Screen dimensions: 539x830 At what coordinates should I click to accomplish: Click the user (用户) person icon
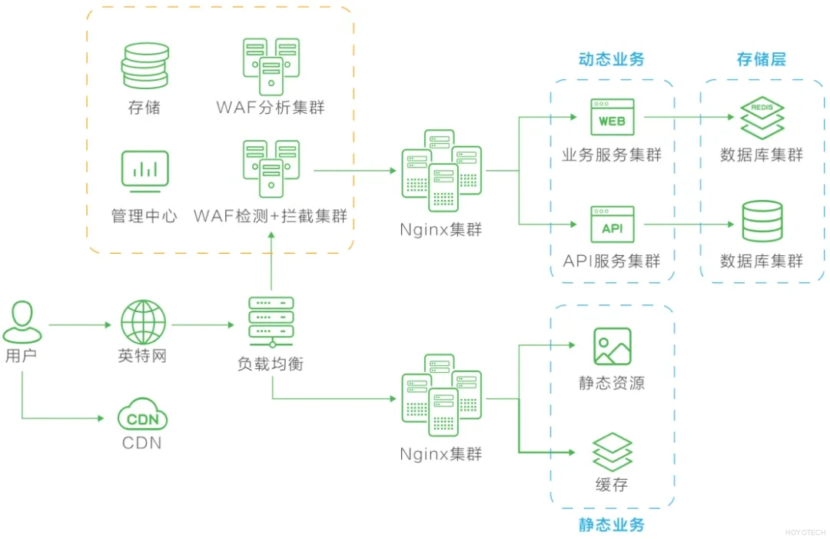pyautogui.click(x=22, y=322)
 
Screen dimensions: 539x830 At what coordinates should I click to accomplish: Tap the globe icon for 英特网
pyautogui.click(x=142, y=322)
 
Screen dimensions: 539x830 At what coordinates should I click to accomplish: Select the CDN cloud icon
pyautogui.click(x=142, y=417)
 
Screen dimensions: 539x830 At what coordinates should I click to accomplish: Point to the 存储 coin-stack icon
pyautogui.click(x=144, y=67)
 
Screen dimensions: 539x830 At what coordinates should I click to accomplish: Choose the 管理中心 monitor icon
pyautogui.click(x=144, y=171)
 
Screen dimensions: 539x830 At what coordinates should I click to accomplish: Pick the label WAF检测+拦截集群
pyautogui.click(x=271, y=216)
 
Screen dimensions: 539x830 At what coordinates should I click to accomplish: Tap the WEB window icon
pyautogui.click(x=612, y=118)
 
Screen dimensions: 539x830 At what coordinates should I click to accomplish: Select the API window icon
pyautogui.click(x=612, y=225)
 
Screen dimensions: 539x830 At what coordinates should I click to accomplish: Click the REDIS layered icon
pyautogui.click(x=762, y=118)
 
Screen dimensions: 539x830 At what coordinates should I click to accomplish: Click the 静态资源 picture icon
pyautogui.click(x=612, y=346)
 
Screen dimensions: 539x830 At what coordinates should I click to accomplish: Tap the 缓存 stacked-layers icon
pyautogui.click(x=612, y=452)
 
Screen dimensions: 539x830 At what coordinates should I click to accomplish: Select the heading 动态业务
pyautogui.click(x=611, y=60)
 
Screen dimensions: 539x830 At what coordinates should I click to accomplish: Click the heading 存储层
pyautogui.click(x=761, y=60)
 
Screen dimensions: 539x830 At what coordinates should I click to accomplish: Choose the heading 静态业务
pyautogui.click(x=611, y=526)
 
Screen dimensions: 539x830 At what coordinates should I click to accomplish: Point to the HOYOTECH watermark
pyautogui.click(x=805, y=531)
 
